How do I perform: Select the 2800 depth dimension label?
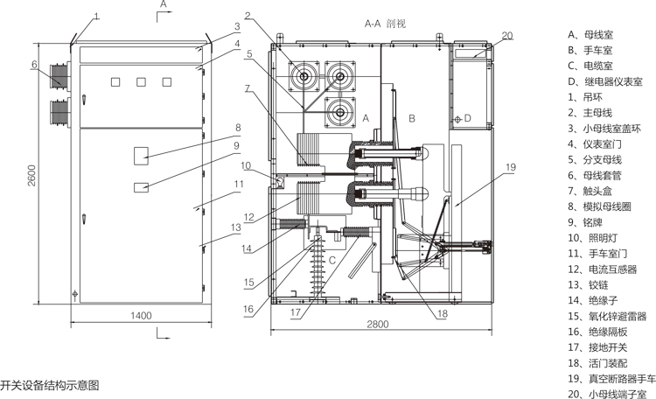[x=377, y=325]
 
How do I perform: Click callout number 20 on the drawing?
[x=507, y=36]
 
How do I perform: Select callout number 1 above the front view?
[x=97, y=16]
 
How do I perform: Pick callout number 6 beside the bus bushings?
[x=33, y=64]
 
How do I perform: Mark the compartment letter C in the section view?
[x=332, y=260]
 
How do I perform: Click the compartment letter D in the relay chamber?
[x=468, y=118]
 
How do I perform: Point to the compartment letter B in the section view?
[x=408, y=115]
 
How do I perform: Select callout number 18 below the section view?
[x=443, y=312]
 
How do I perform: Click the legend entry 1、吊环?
[x=587, y=96]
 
